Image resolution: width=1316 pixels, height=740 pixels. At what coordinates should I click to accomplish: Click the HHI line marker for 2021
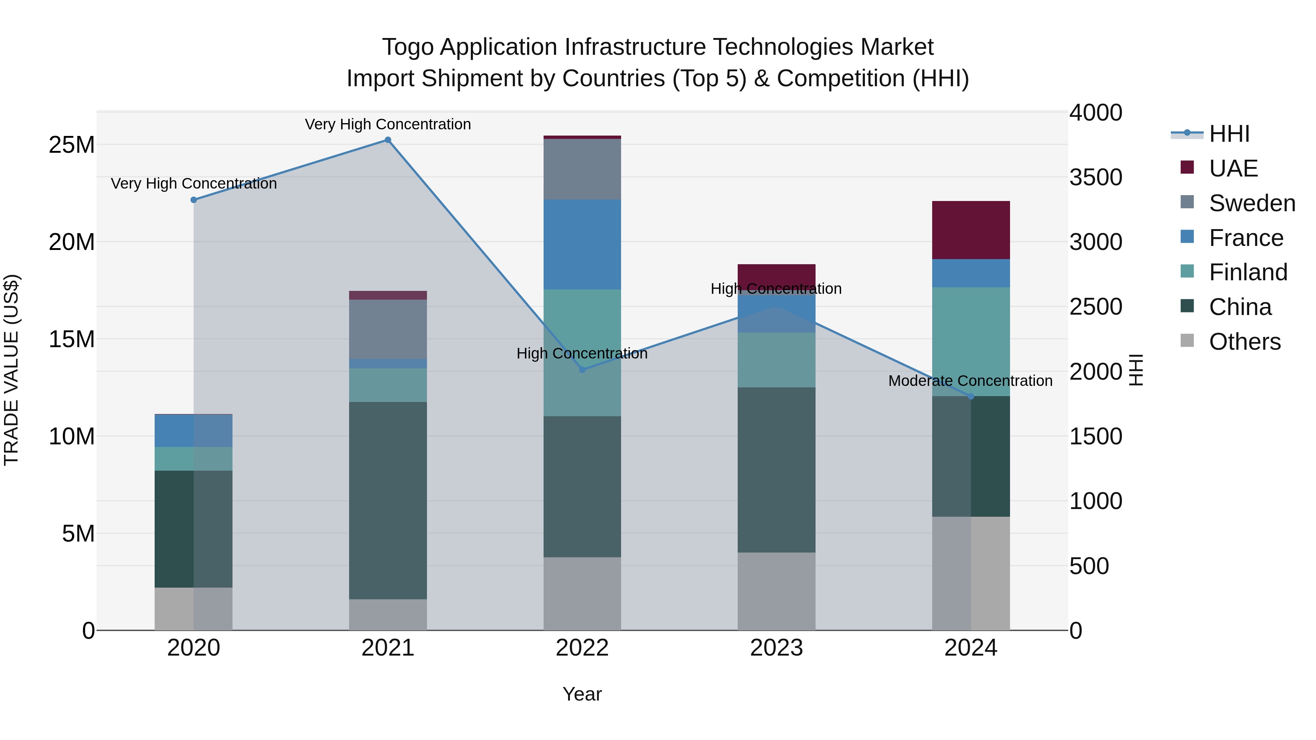[x=388, y=140]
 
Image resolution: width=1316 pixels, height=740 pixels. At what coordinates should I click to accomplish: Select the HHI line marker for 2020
[x=194, y=200]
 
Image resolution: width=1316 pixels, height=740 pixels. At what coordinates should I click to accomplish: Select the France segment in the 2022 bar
[x=582, y=244]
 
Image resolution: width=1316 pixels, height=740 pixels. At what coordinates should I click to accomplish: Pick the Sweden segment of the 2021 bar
[x=388, y=329]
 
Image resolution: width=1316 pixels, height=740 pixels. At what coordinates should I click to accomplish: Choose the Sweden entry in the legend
[x=1252, y=203]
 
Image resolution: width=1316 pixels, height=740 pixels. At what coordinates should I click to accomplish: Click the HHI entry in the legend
[x=1229, y=134]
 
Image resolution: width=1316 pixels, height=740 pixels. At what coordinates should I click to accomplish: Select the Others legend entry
[x=1244, y=342]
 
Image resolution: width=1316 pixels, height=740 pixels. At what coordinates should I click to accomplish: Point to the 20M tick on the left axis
[x=72, y=242]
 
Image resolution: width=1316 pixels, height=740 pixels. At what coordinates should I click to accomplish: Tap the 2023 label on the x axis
[x=776, y=648]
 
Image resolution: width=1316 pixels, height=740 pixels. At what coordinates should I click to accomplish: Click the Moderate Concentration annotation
[x=970, y=381]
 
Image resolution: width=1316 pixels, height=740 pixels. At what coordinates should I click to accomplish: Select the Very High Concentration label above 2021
[x=388, y=124]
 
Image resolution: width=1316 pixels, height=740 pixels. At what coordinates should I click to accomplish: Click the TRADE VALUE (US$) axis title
[x=11, y=370]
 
